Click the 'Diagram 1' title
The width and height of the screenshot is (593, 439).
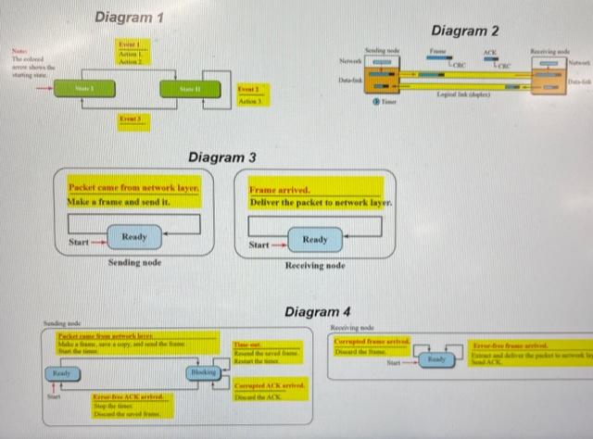tap(131, 18)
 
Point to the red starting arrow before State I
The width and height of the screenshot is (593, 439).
tap(43, 90)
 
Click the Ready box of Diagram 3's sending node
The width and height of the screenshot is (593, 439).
tap(134, 238)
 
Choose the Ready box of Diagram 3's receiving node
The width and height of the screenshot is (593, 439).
tap(315, 240)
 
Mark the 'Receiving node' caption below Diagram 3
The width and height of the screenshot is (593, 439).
tap(315, 266)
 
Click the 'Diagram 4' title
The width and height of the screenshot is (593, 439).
tap(319, 310)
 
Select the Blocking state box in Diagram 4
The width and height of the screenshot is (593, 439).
tap(202, 372)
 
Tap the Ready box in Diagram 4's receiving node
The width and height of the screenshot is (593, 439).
tap(437, 358)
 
